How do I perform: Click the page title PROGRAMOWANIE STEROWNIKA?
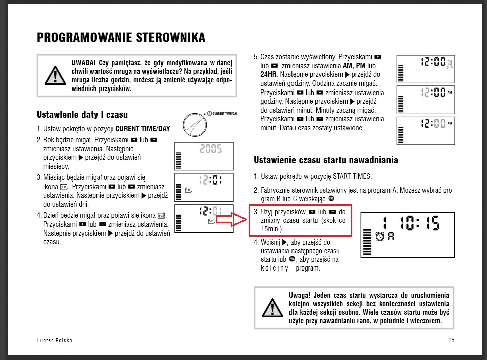pyautogui.click(x=121, y=37)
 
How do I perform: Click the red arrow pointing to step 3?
pyautogui.click(x=231, y=220)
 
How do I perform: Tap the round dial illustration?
pyautogui.click(x=194, y=125)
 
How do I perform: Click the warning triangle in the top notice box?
pyautogui.click(x=55, y=75)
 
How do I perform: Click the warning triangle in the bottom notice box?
pyautogui.click(x=272, y=308)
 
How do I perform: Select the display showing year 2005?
pyautogui.click(x=204, y=156)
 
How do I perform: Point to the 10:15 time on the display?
pyautogui.click(x=419, y=223)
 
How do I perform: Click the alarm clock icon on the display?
pyautogui.click(x=380, y=236)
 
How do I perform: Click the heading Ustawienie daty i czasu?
pyautogui.click(x=82, y=114)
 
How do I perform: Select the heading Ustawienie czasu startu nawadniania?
pyautogui.click(x=326, y=160)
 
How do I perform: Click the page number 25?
pyautogui.click(x=451, y=340)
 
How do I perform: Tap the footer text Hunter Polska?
pyautogui.click(x=54, y=340)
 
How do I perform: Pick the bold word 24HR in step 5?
pyautogui.click(x=269, y=74)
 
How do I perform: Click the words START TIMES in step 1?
pyautogui.click(x=352, y=176)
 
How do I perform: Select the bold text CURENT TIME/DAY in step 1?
pyautogui.click(x=143, y=128)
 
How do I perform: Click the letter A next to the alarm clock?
pyautogui.click(x=391, y=237)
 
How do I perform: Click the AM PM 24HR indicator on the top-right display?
pyautogui.click(x=450, y=64)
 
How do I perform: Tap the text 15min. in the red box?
pyautogui.click(x=272, y=229)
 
